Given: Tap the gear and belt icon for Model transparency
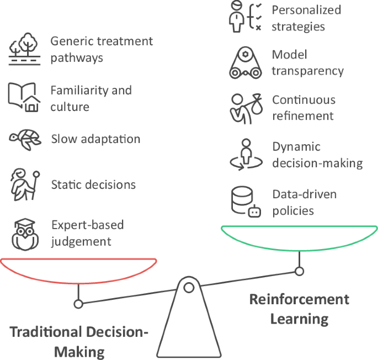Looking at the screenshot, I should click(x=245, y=63).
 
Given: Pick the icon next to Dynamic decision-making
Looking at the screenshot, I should click(x=245, y=155).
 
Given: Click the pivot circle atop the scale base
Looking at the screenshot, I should click(x=189, y=287).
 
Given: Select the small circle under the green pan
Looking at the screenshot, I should click(x=299, y=271).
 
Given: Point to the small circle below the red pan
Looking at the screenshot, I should click(x=78, y=304).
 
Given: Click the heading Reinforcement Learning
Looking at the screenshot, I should click(x=299, y=309).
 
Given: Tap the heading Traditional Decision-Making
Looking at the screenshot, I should click(x=79, y=341).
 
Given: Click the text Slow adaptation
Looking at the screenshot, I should click(x=95, y=139).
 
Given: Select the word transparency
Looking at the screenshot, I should click(x=307, y=71).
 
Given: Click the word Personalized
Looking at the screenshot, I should click(x=306, y=10).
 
